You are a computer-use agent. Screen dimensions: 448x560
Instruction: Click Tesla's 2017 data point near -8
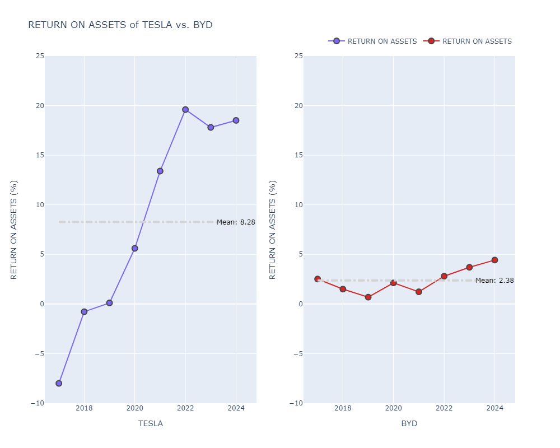coord(59,383)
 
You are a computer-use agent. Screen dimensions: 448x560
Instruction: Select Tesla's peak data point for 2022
coord(185,110)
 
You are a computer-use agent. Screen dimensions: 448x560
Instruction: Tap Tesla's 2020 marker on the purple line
coord(134,248)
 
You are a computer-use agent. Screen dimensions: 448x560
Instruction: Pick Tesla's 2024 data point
coord(236,120)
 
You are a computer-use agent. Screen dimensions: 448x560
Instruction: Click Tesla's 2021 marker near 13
coord(160,171)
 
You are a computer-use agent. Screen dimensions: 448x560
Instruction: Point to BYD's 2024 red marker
coord(494,260)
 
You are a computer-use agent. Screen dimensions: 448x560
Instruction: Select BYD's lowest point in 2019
coord(368,297)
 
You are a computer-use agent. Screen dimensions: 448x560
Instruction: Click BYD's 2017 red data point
coord(318,279)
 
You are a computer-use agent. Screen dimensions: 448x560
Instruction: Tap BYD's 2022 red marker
coord(444,276)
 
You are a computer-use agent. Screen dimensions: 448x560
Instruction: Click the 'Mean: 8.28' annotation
coord(236,222)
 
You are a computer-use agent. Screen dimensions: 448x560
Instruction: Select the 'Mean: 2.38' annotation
coord(494,281)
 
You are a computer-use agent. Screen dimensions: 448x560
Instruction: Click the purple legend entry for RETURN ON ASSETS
coord(374,41)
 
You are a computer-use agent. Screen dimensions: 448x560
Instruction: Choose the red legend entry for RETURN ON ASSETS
coord(469,41)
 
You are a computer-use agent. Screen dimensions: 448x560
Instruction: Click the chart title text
coord(120,25)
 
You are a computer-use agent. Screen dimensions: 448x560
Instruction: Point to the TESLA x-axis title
coord(151,423)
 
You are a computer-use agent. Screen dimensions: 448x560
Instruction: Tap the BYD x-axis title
coord(409,423)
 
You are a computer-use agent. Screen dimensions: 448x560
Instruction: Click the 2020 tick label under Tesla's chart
coord(134,408)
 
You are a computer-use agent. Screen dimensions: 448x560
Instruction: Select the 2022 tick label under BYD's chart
coord(444,408)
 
